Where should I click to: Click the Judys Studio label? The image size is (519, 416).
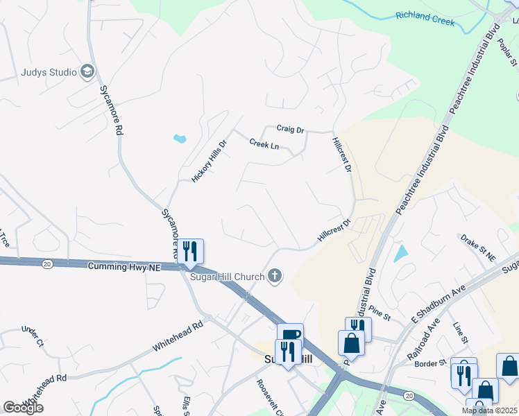coord(47,71)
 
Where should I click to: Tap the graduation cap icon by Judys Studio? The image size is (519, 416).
coord(87,71)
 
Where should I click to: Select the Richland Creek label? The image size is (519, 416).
coord(425,18)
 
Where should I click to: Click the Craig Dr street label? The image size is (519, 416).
coord(290,129)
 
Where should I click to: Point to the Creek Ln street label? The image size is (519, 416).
coord(264,145)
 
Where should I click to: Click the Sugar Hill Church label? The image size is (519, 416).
coord(228,277)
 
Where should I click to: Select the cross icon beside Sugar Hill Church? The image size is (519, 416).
coord(275,277)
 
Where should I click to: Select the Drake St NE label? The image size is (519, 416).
coord(478,248)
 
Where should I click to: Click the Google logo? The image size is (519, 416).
coord(23,408)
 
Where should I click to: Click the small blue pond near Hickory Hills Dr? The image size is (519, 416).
coord(180,139)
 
